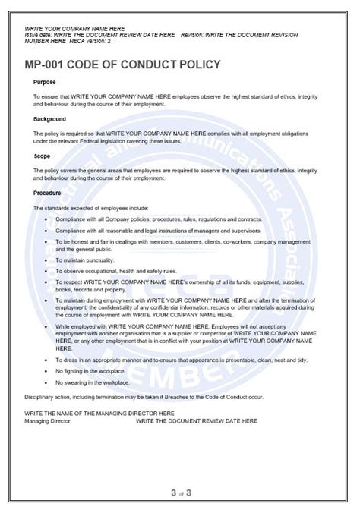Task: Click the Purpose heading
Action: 45,82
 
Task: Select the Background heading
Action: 50,119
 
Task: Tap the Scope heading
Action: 43,156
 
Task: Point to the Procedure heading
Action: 48,193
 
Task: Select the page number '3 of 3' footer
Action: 180,493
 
